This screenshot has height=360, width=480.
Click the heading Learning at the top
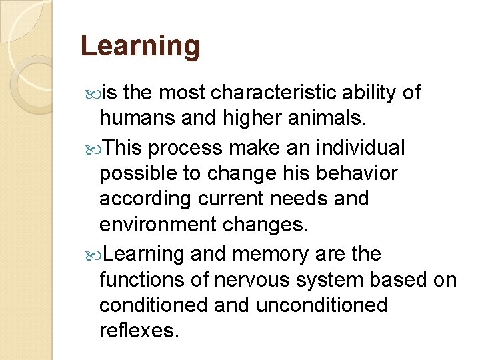tap(140, 46)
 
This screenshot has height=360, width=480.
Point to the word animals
tap(325, 118)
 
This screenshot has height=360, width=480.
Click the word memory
tap(272, 254)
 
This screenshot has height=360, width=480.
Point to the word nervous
tap(257, 279)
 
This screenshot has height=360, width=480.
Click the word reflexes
tap(139, 330)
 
